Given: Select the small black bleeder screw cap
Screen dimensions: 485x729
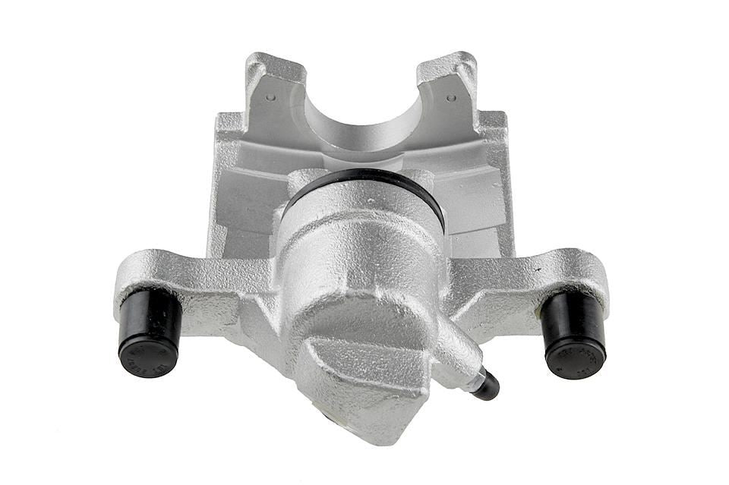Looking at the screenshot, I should [487, 387].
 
